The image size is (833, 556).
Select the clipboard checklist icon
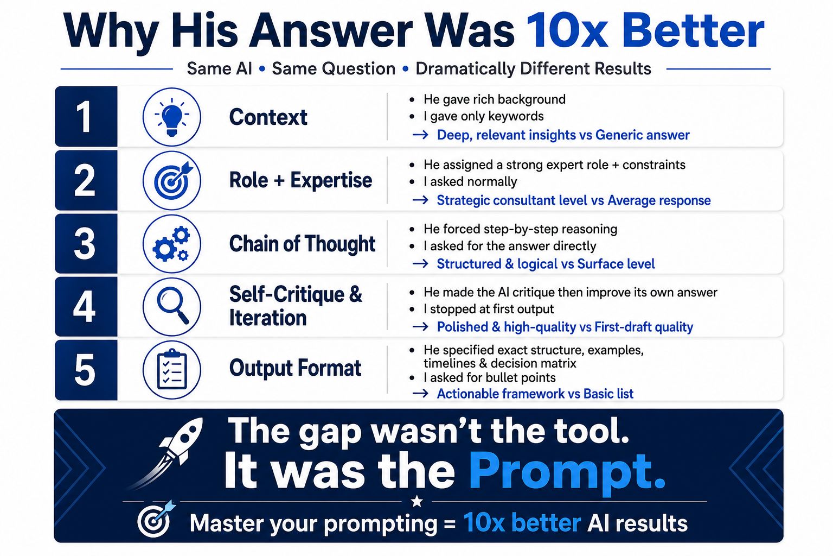pyautogui.click(x=172, y=369)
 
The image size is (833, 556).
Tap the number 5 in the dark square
pyautogui.click(x=85, y=370)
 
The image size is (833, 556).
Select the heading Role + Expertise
pyautogui.click(x=300, y=180)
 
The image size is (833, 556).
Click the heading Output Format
pyautogui.click(x=295, y=368)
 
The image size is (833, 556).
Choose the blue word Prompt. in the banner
pyautogui.click(x=567, y=472)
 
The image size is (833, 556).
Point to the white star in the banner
pyautogui.click(x=417, y=501)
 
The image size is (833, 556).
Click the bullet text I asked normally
pyautogui.click(x=470, y=182)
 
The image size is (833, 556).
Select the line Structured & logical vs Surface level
pyautogui.click(x=546, y=264)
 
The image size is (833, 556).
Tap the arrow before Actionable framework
pyautogui.click(x=421, y=394)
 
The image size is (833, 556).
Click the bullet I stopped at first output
pyautogui.click(x=488, y=309)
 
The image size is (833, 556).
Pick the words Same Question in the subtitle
pyautogui.click(x=333, y=68)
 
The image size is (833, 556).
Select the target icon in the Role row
pyautogui.click(x=172, y=180)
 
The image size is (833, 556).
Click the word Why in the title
pyautogui.click(x=111, y=34)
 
